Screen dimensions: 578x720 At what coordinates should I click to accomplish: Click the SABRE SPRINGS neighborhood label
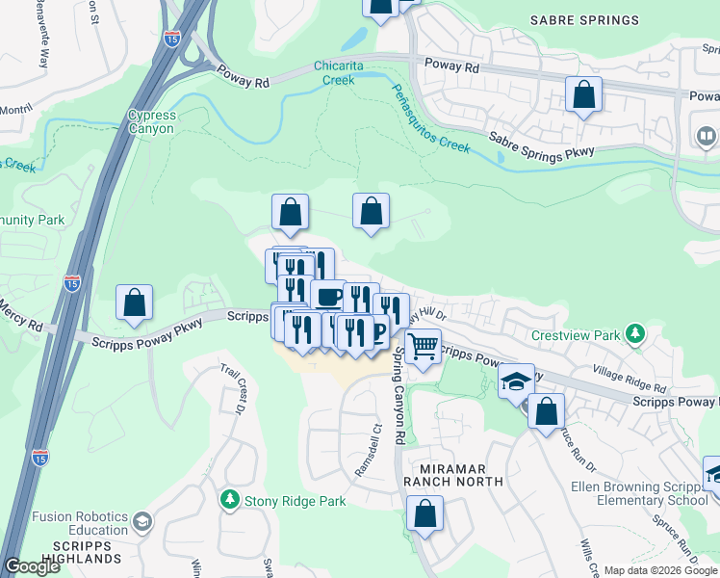tap(584, 20)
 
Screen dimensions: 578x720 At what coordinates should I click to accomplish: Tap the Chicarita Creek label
tap(347, 73)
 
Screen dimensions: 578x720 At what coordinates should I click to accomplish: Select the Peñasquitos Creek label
tap(429, 118)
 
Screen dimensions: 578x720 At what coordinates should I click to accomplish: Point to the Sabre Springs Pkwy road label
tap(542, 144)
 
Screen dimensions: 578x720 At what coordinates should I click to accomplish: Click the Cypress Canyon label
tap(151, 122)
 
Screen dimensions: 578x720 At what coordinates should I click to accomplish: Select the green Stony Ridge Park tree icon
tap(230, 499)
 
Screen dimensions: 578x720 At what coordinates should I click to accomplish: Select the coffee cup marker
tap(328, 295)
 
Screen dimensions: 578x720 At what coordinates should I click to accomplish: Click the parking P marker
tap(378, 333)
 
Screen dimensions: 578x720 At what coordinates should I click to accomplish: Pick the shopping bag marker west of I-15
tap(135, 302)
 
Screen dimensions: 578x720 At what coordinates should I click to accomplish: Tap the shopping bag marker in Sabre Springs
tap(583, 94)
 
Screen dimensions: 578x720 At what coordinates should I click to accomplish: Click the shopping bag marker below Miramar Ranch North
tap(424, 513)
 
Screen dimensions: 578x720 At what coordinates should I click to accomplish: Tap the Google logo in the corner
tap(32, 566)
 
